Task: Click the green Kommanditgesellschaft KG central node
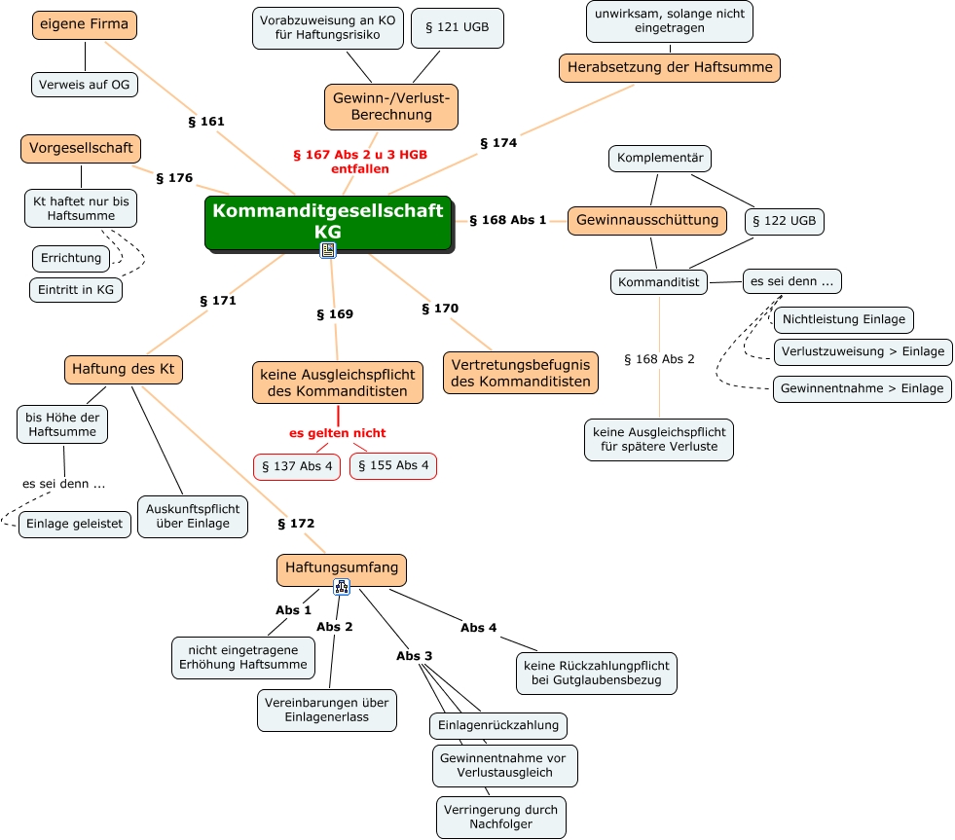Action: (x=328, y=221)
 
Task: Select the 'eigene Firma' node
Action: (x=85, y=24)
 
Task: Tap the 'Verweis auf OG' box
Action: (x=85, y=85)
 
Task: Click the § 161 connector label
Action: (x=205, y=122)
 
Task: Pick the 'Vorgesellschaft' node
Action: (x=81, y=149)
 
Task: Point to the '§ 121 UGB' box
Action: (x=457, y=28)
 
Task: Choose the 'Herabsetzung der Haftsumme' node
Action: (x=670, y=68)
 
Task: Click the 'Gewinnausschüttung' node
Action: (x=647, y=220)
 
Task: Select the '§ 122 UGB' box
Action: (x=784, y=222)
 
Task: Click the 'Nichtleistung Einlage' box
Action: (x=843, y=319)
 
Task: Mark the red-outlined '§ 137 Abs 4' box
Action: (x=297, y=466)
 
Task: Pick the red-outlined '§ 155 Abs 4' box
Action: (x=393, y=465)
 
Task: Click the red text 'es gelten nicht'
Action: (x=337, y=433)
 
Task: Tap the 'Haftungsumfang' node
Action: (x=342, y=568)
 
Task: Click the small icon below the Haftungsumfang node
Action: (x=342, y=586)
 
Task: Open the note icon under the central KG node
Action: (x=328, y=250)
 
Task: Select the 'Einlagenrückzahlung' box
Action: (x=498, y=725)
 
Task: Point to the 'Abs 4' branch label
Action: (x=479, y=628)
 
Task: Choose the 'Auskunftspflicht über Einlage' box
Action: (x=193, y=516)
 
